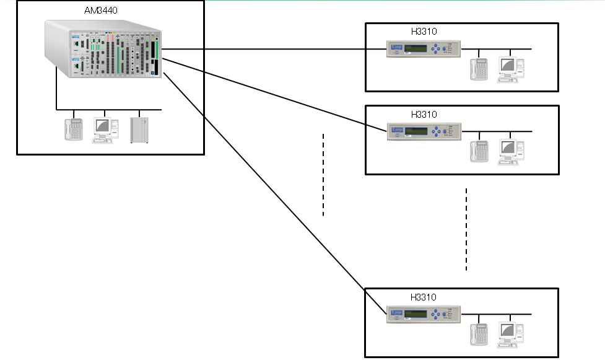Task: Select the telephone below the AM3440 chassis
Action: click(74, 130)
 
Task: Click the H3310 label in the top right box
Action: click(424, 31)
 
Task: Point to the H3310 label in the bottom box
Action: click(424, 297)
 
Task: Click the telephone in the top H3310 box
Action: click(479, 69)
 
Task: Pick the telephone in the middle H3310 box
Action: click(479, 152)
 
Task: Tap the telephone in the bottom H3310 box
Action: click(479, 334)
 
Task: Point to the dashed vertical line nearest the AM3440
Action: click(323, 174)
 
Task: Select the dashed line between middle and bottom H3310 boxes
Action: click(466, 229)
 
